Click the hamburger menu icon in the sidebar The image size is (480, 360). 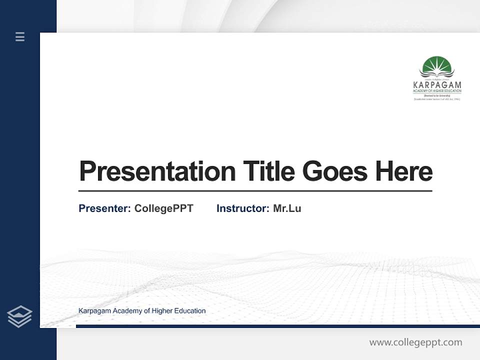click(20, 36)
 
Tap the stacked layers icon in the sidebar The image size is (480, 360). click(19, 316)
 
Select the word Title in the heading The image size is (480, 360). click(269, 171)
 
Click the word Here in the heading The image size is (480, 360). click(404, 171)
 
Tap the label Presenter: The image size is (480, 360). click(105, 208)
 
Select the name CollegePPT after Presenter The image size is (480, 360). click(163, 208)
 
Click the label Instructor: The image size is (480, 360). click(243, 208)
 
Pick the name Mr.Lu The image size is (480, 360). click(287, 208)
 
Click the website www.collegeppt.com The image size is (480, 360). click(415, 342)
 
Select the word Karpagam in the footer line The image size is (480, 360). click(94, 311)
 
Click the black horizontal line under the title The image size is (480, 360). click(255, 191)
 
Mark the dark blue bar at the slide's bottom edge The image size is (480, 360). click(277, 326)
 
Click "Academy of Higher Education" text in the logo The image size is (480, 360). click(437, 91)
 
